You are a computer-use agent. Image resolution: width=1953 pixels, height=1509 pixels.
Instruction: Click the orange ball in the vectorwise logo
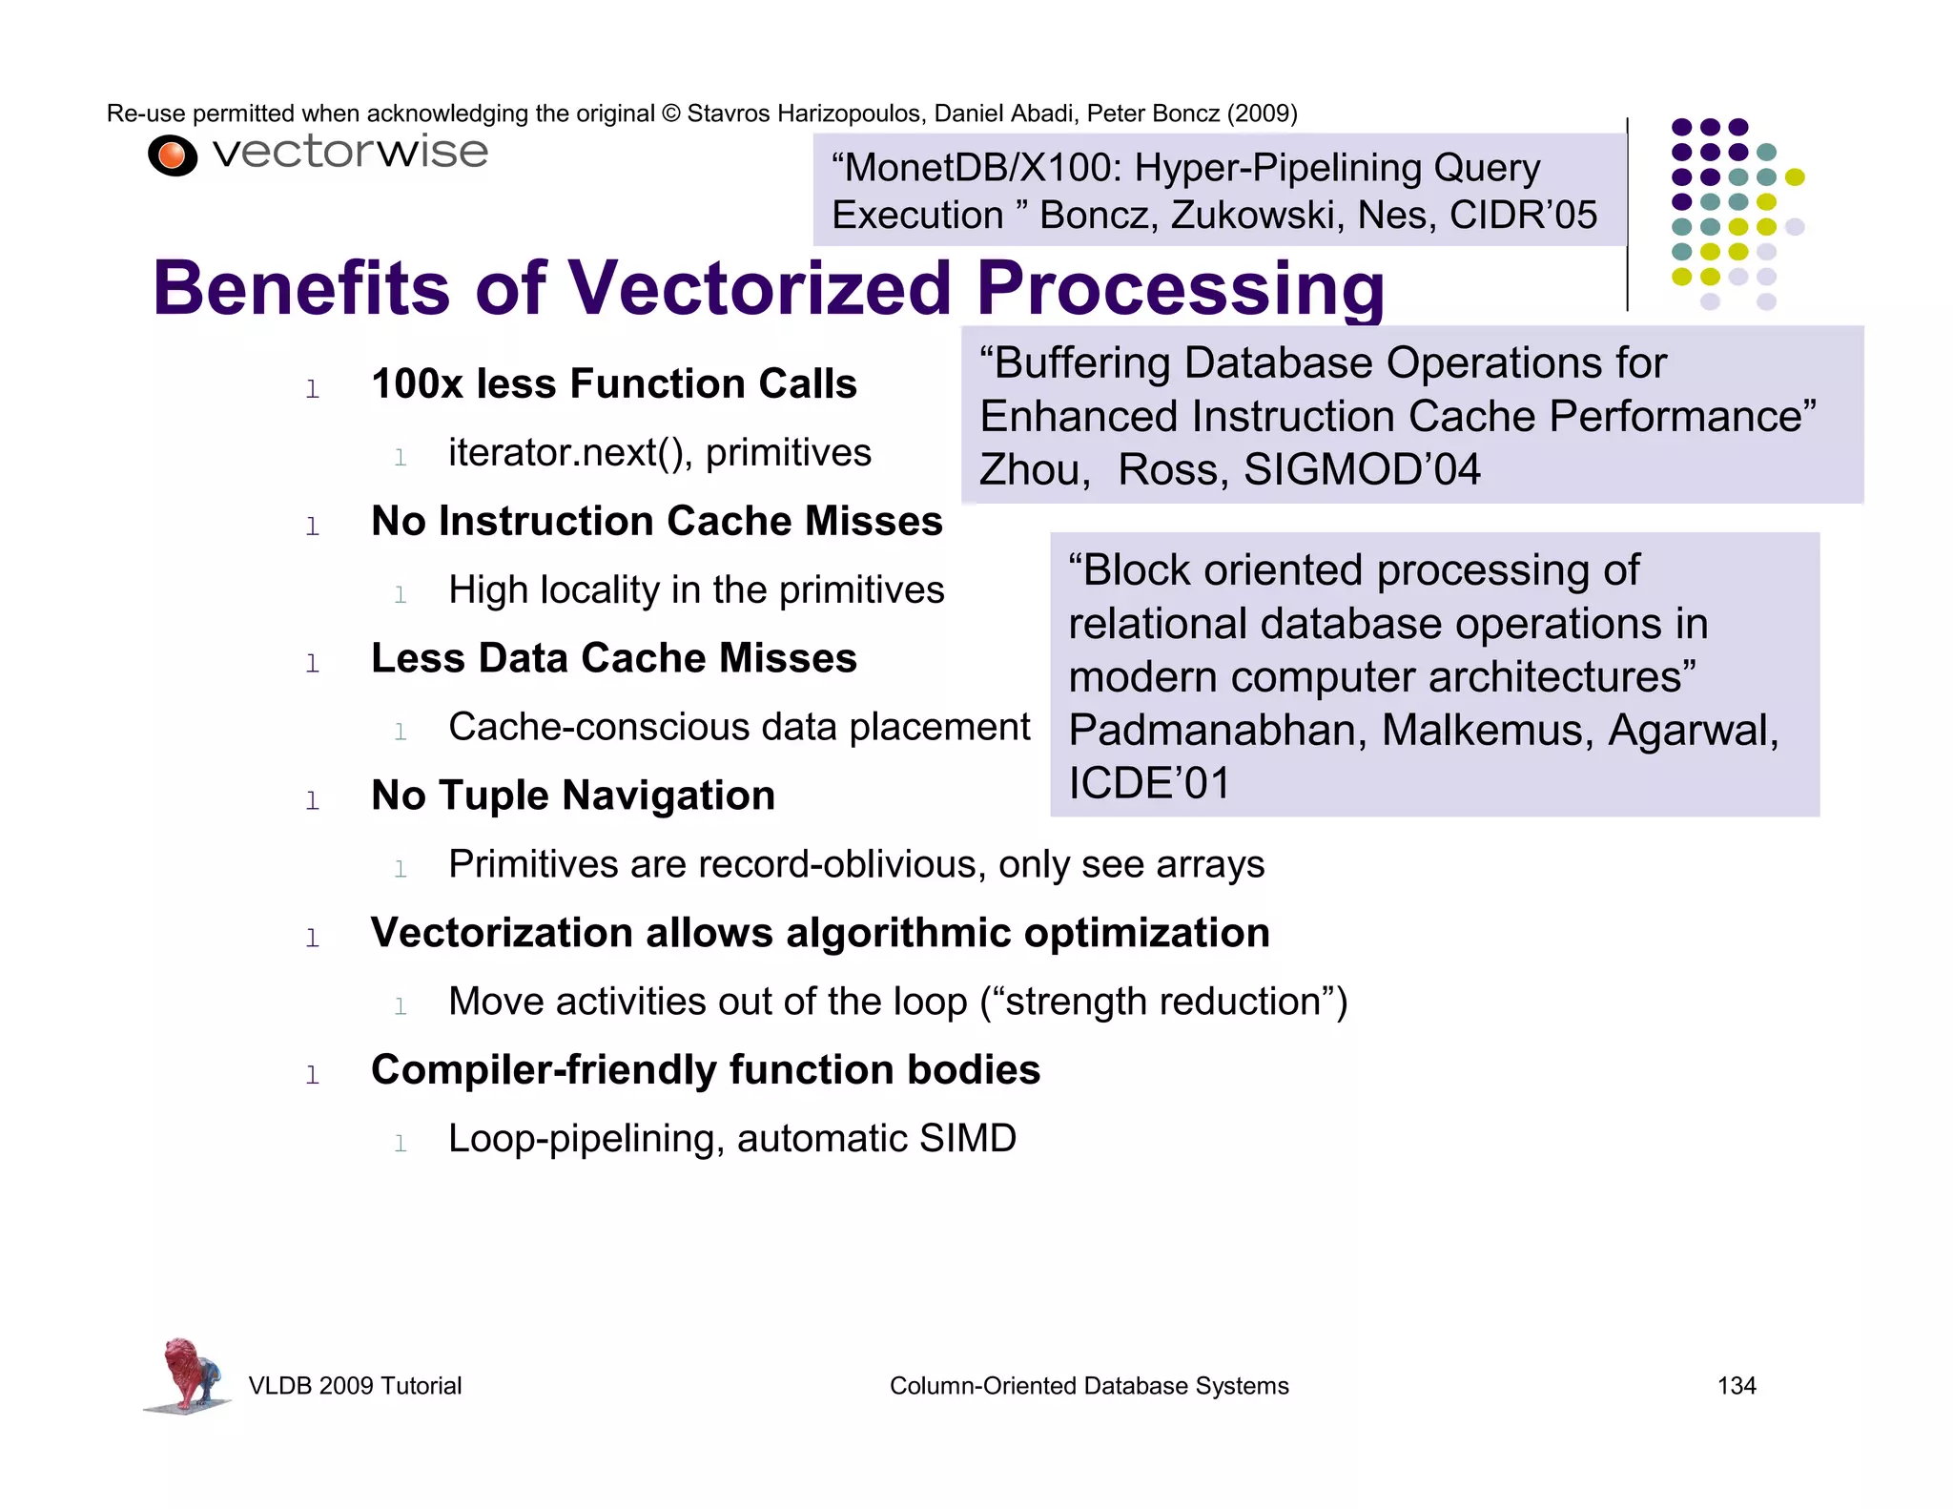(x=173, y=155)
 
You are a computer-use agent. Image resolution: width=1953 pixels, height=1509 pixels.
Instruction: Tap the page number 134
(x=1736, y=1386)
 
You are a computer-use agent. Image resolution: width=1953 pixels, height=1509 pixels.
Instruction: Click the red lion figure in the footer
(x=187, y=1374)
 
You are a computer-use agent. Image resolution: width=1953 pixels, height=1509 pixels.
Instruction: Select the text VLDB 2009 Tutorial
(x=355, y=1386)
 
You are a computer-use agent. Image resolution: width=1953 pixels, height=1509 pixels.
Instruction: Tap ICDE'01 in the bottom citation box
(x=1149, y=784)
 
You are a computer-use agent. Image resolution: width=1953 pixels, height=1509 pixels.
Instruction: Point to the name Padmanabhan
(x=1218, y=731)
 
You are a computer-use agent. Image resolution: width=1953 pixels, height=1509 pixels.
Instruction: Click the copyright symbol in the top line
(x=671, y=114)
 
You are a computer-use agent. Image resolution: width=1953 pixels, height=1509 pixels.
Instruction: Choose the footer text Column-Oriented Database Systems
(x=1088, y=1386)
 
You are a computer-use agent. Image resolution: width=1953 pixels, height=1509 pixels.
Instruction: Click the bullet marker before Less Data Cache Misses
(x=312, y=663)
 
